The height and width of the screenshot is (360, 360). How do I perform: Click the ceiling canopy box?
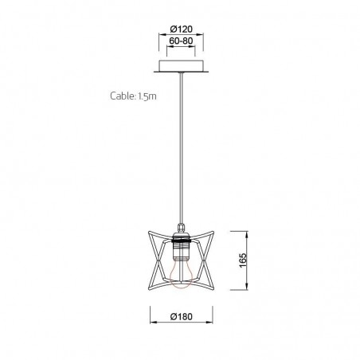point(182,65)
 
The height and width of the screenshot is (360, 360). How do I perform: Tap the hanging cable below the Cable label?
point(182,143)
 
